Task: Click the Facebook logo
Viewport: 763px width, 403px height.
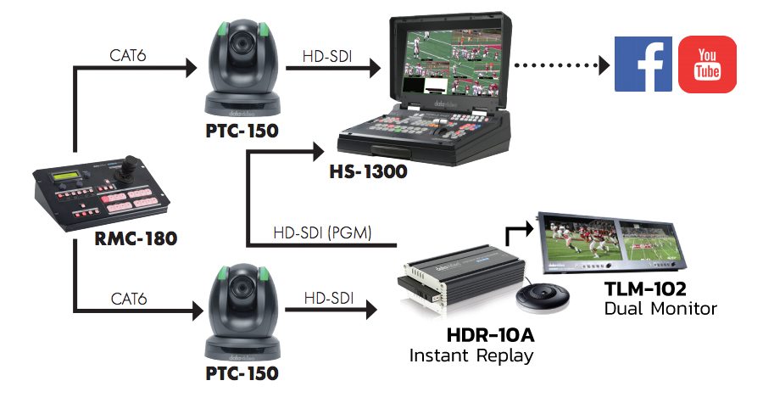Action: [643, 64]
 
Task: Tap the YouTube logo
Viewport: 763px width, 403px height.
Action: [708, 64]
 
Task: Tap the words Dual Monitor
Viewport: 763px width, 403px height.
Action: [660, 309]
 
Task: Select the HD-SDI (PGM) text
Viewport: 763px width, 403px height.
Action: [321, 232]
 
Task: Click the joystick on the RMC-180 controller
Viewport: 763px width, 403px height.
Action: [130, 162]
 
